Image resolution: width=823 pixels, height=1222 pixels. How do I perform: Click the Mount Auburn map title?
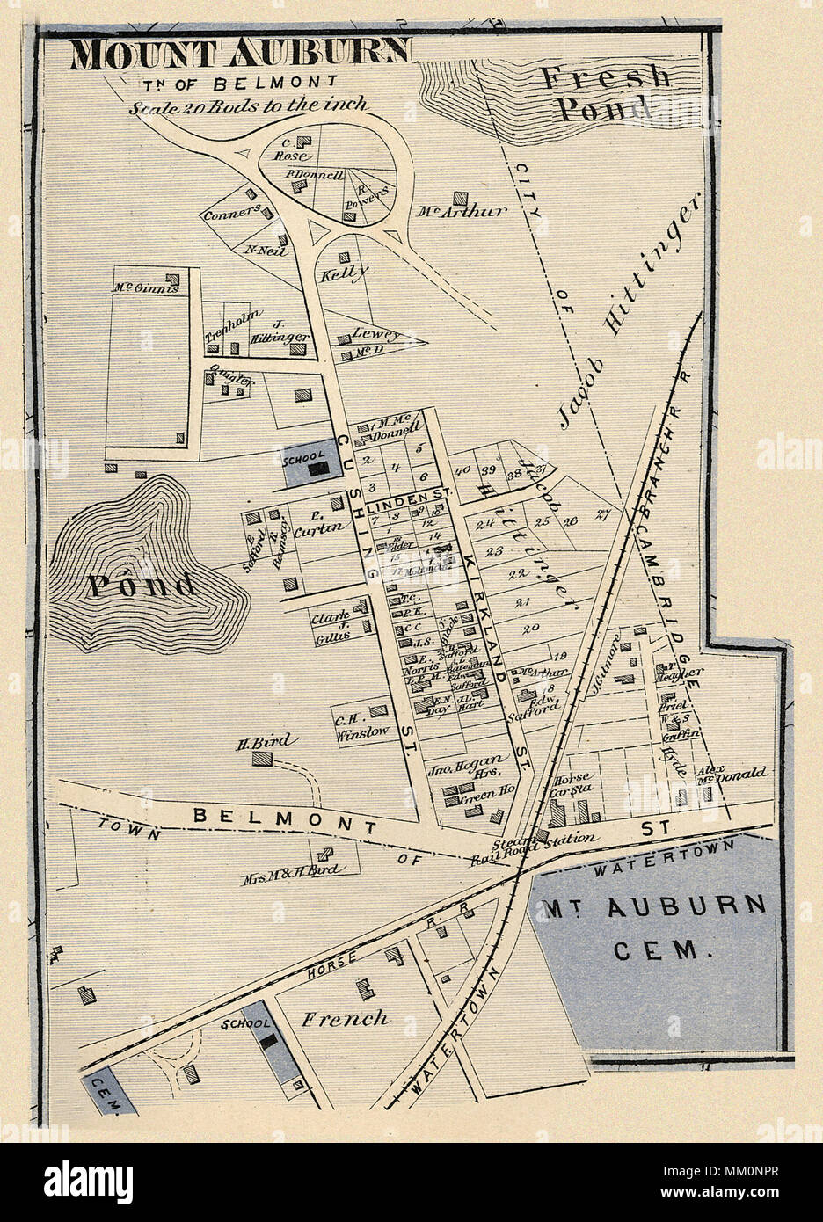point(239,55)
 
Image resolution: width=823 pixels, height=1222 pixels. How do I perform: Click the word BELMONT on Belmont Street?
point(284,821)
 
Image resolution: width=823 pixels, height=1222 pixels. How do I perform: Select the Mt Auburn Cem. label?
point(654,927)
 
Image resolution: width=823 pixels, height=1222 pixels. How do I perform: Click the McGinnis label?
point(145,287)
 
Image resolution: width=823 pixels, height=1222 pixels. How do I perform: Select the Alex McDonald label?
point(732,775)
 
